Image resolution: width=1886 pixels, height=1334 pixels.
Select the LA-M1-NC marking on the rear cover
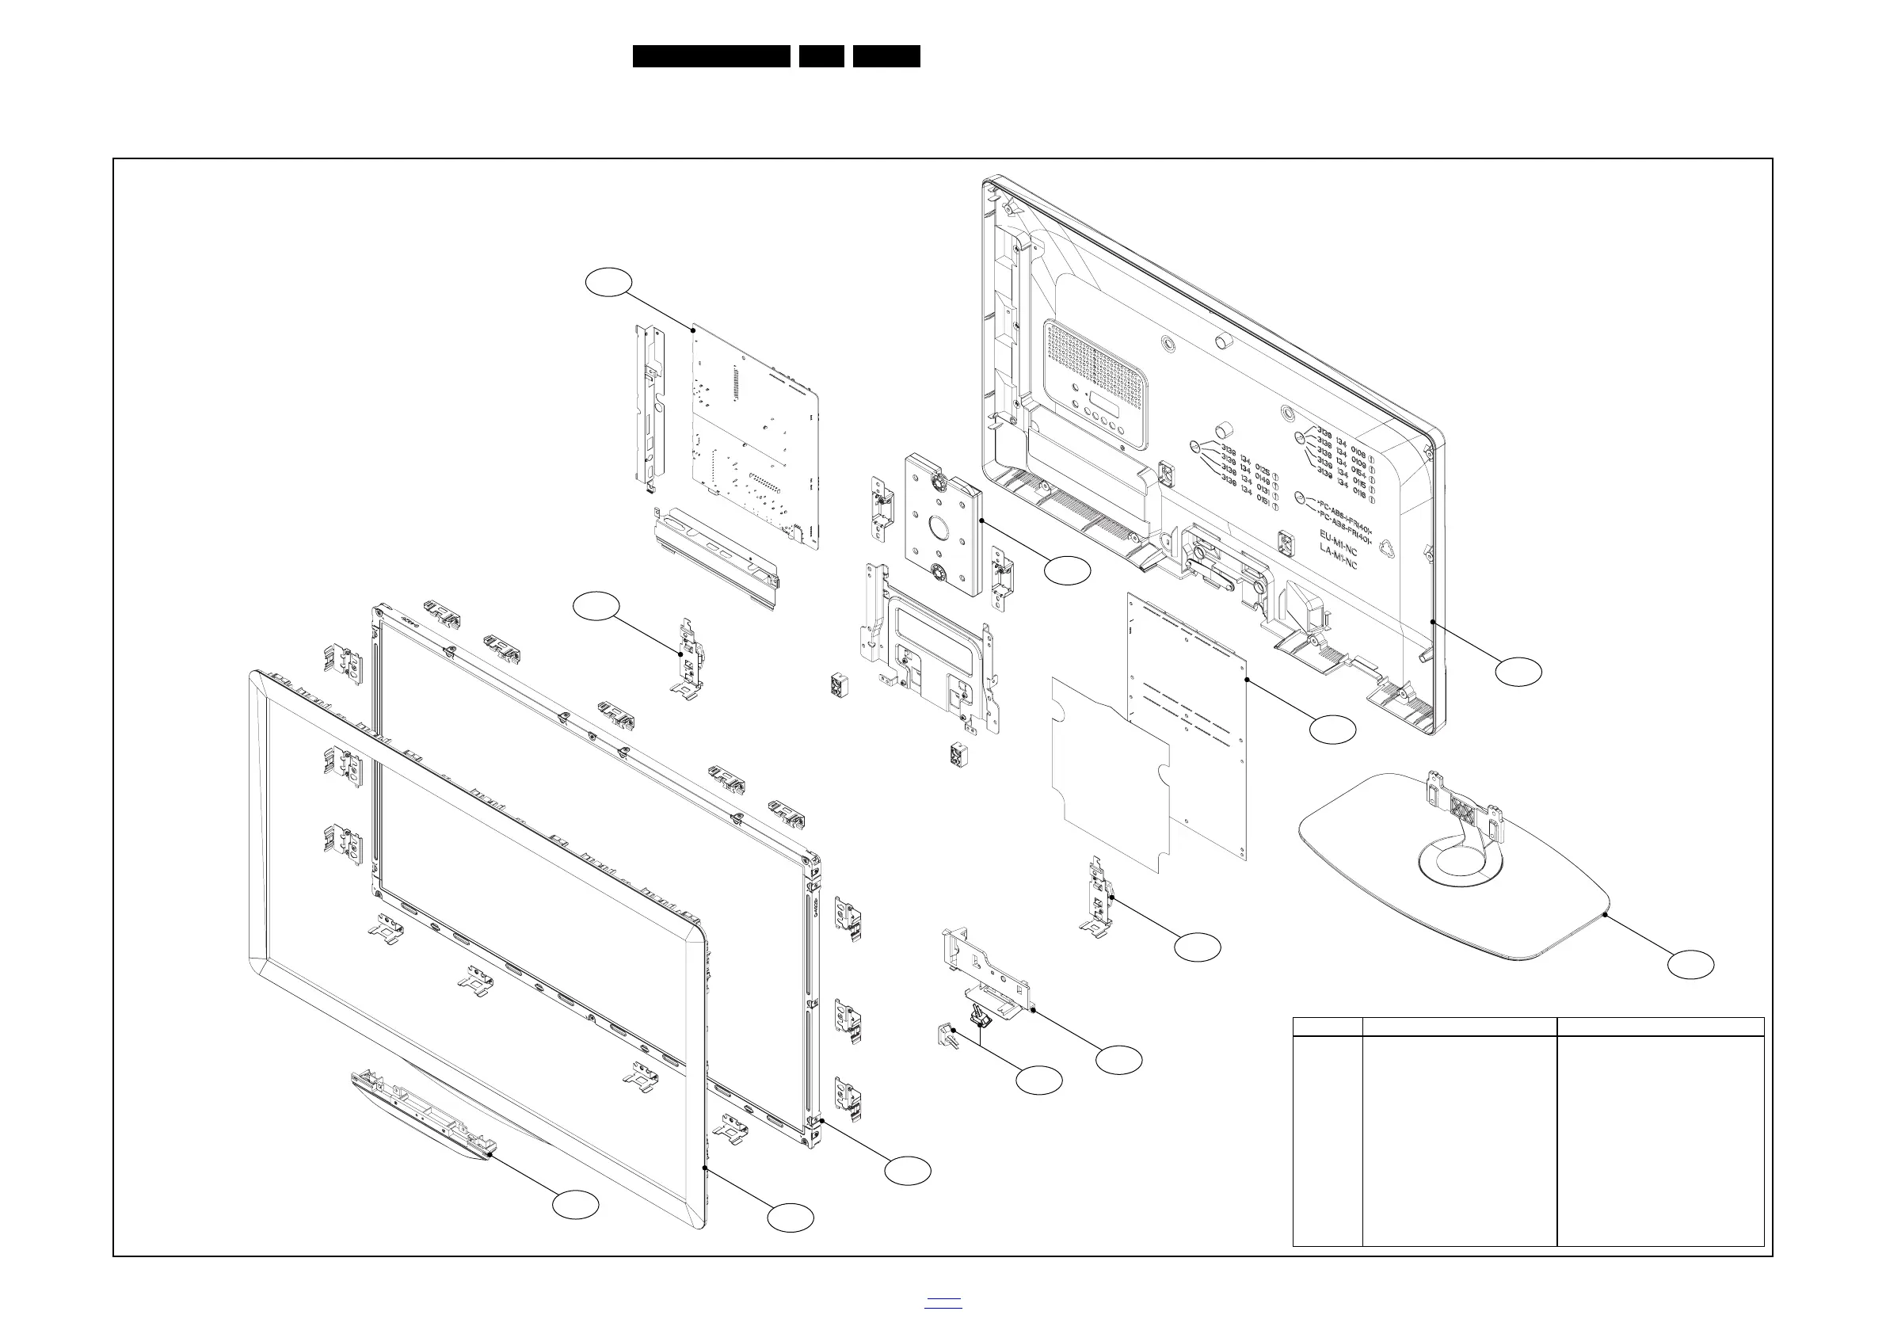(1338, 558)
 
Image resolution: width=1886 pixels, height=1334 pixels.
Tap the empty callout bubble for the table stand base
(1690, 964)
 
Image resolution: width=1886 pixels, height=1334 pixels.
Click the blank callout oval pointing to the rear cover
(1518, 671)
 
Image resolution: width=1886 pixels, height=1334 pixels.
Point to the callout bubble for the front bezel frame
(791, 1218)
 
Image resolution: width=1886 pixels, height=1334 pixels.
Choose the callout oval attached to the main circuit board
(608, 282)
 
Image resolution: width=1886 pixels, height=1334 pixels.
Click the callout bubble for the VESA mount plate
(1067, 570)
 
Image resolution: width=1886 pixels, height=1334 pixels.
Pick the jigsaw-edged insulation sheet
(1109, 772)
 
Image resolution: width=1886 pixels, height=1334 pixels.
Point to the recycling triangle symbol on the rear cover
(1385, 548)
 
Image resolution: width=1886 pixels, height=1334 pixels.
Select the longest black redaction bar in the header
(711, 56)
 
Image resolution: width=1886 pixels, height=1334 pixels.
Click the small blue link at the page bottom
(943, 1302)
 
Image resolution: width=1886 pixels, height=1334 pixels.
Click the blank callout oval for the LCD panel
(908, 1171)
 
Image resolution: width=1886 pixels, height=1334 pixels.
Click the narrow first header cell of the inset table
(1328, 1026)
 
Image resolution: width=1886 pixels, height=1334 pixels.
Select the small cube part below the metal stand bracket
(958, 755)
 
